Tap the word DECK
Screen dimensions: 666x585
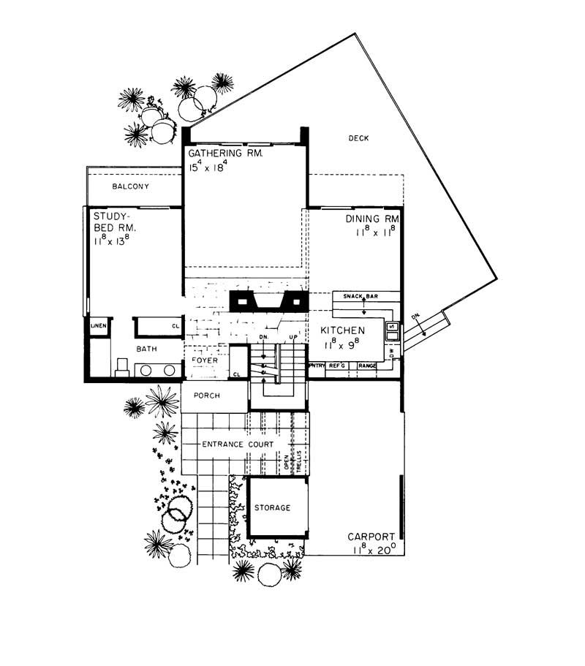(x=358, y=137)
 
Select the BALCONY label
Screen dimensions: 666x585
(x=131, y=186)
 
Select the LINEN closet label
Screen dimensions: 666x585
(x=97, y=325)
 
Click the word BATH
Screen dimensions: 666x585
(x=147, y=349)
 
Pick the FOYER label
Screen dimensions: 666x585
(x=204, y=360)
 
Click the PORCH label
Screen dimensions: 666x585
(x=207, y=396)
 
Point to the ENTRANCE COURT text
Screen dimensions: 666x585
(x=238, y=444)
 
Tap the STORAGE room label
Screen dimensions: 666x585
(x=272, y=507)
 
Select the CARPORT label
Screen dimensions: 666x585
(x=372, y=536)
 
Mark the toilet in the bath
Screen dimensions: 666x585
(x=121, y=366)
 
